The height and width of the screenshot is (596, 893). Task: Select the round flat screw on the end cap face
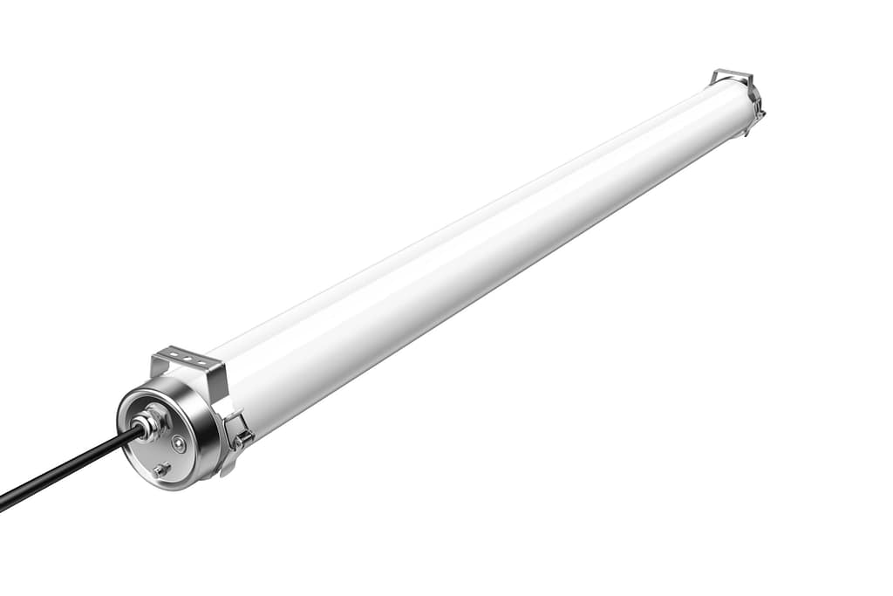[179, 442]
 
